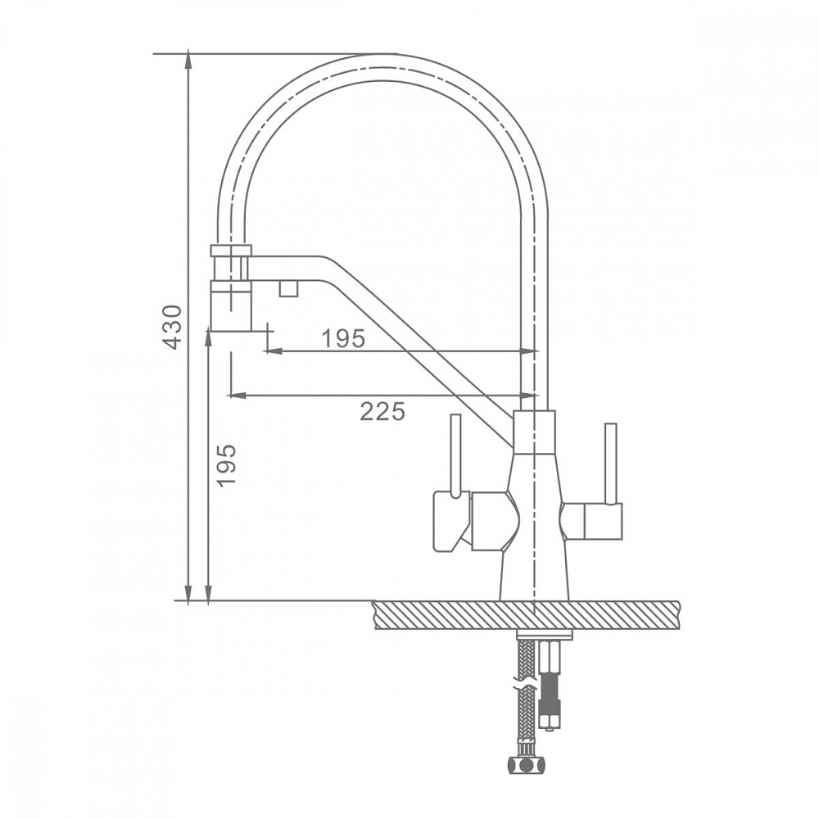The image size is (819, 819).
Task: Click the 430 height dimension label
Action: pos(172,327)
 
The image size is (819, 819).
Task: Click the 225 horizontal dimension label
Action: pos(382,412)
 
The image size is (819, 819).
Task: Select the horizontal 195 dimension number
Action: pos(342,339)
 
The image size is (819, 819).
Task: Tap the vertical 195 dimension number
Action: pos(226,465)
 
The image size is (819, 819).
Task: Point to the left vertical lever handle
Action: pos(455,455)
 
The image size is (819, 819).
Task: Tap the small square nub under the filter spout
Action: pos(289,287)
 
